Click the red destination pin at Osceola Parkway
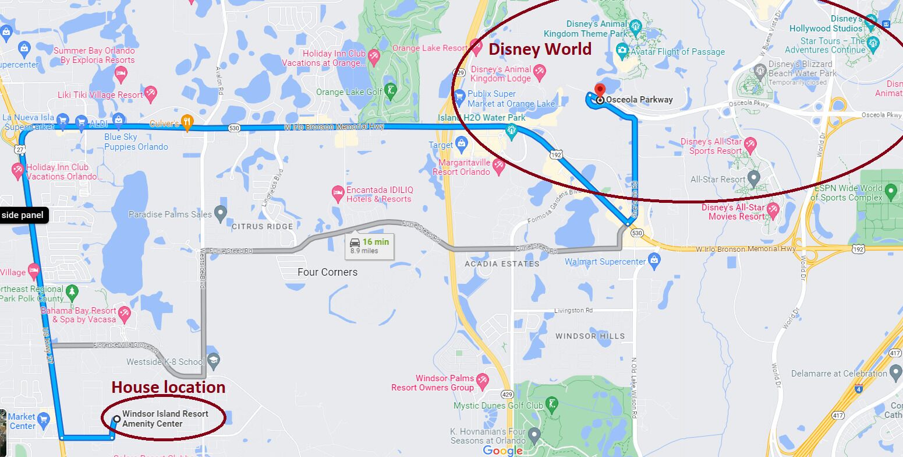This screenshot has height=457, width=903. coord(599,90)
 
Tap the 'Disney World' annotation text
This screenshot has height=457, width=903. coord(540,49)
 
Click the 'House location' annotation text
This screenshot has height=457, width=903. coord(168,387)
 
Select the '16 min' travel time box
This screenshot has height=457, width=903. coord(370,245)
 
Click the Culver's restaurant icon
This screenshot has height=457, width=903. coord(187,123)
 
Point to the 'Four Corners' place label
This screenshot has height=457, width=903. coord(327,272)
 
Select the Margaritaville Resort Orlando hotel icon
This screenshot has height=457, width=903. coord(498,167)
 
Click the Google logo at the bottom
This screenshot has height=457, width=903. coord(503,451)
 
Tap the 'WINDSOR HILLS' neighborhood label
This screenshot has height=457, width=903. coord(590,336)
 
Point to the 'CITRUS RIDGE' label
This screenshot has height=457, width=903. coord(263,226)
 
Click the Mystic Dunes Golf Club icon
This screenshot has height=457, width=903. coord(552,403)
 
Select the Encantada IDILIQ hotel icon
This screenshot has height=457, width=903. coord(337,193)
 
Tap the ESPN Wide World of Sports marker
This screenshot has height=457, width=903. coord(890,191)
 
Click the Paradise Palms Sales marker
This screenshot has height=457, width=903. coord(221,213)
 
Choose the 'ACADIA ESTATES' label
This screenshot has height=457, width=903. coord(502,264)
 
